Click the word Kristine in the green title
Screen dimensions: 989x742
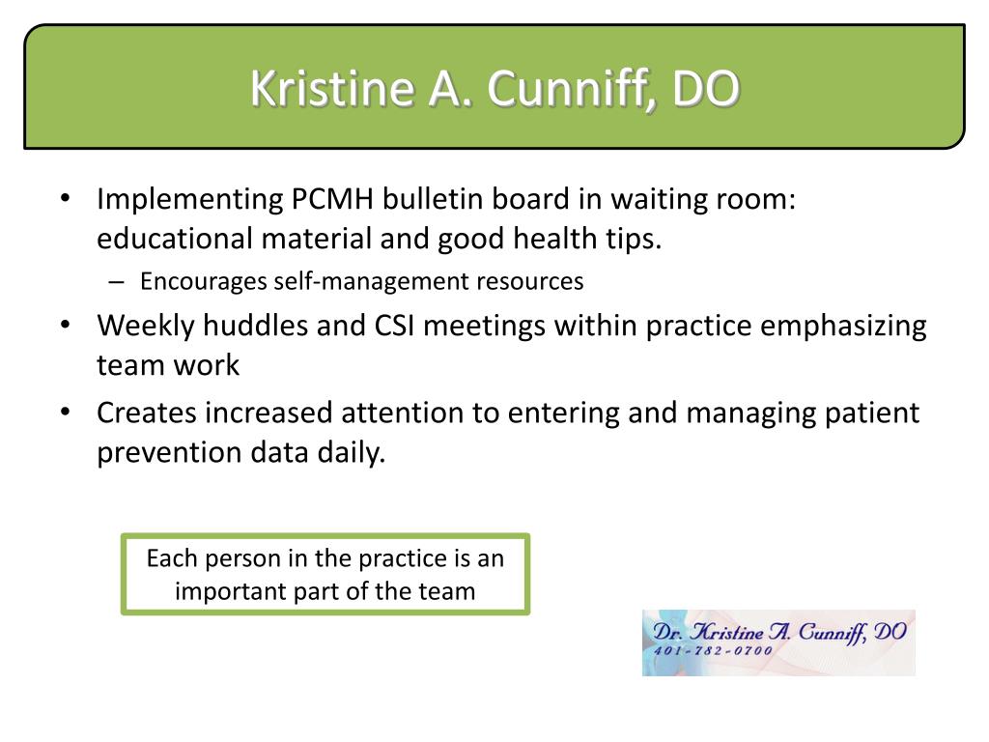tap(332, 88)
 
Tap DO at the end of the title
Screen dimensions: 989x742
tap(704, 88)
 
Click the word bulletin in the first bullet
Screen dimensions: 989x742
tap(433, 199)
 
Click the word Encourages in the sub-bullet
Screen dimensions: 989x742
tap(203, 282)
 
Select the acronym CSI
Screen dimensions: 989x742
tap(394, 327)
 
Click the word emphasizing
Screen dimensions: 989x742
tap(843, 327)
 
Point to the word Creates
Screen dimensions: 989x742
tap(147, 414)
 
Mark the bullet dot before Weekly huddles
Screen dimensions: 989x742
tap(65, 326)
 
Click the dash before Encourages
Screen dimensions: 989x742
tap(116, 282)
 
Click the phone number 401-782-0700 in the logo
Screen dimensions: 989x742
tap(714, 650)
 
